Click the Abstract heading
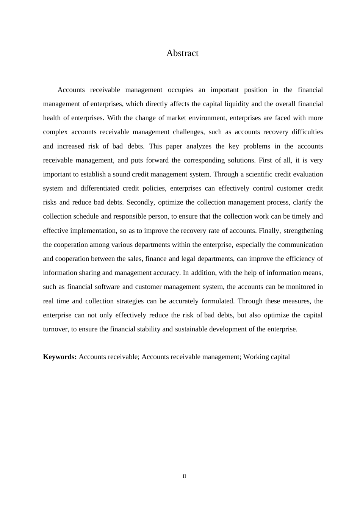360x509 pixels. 182,53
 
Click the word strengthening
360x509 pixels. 303,231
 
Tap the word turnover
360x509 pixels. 55,329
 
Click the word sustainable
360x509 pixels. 191,329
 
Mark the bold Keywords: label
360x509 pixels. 60,357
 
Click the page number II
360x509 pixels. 184,476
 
